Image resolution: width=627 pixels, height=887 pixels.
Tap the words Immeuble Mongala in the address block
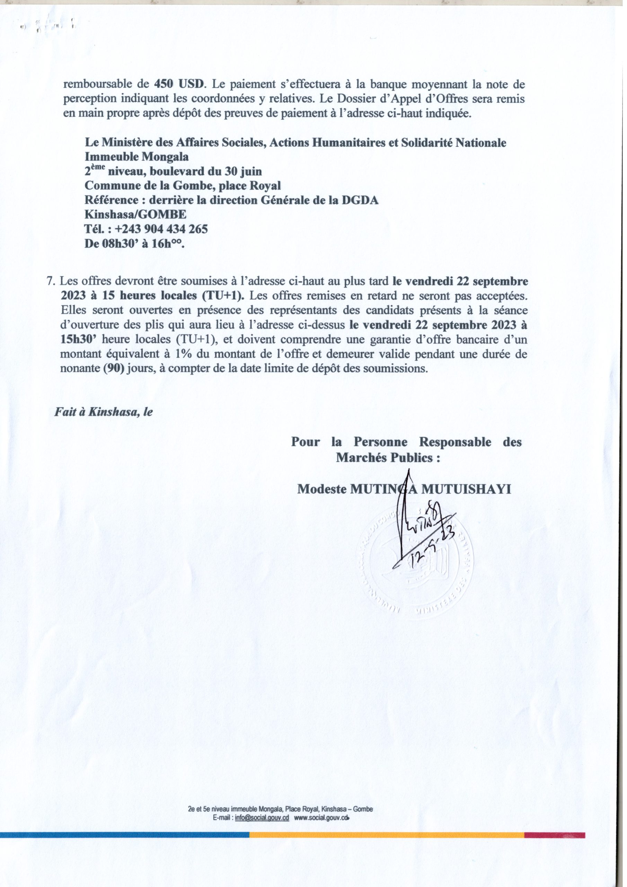(x=136, y=157)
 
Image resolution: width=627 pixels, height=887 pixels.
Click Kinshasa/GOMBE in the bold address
(x=135, y=214)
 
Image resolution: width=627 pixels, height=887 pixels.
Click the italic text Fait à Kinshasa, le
(x=104, y=412)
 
